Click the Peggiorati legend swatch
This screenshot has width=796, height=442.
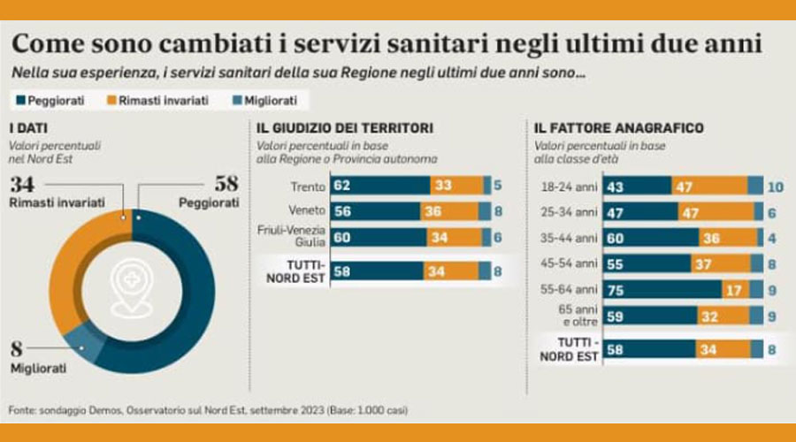[19, 101]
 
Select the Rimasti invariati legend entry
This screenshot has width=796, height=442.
[155, 101]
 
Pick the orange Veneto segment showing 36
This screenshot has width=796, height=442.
[455, 211]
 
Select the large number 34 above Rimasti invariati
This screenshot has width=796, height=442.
[23, 185]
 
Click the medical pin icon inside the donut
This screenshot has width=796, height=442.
[133, 287]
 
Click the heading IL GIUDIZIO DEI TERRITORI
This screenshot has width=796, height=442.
[346, 128]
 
